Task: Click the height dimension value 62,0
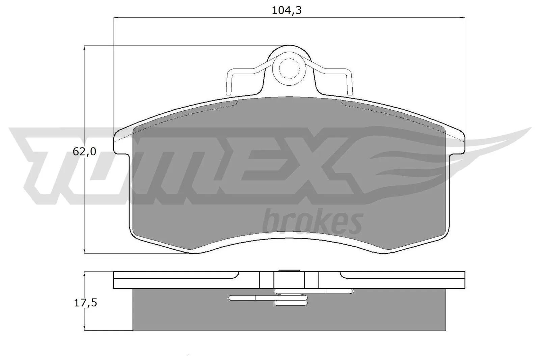tap(84, 152)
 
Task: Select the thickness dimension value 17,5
tap(85, 303)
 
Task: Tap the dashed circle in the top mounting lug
tap(289, 68)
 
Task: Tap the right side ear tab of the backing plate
tap(457, 142)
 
